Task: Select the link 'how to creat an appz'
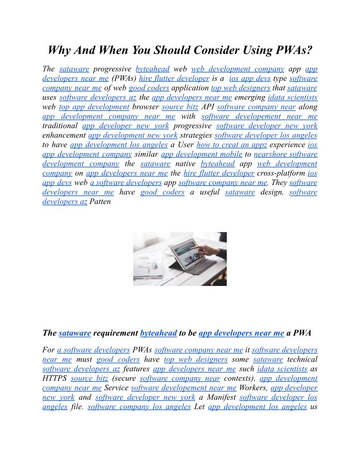(232, 145)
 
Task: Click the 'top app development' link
(94, 107)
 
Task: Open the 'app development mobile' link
(202, 154)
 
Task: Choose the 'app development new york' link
(133, 135)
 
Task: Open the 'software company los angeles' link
(139, 407)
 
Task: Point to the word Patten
(100, 202)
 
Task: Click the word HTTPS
(55, 378)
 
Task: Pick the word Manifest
(217, 397)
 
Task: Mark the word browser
(146, 107)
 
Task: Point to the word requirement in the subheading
(115, 334)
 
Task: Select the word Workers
(253, 388)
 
